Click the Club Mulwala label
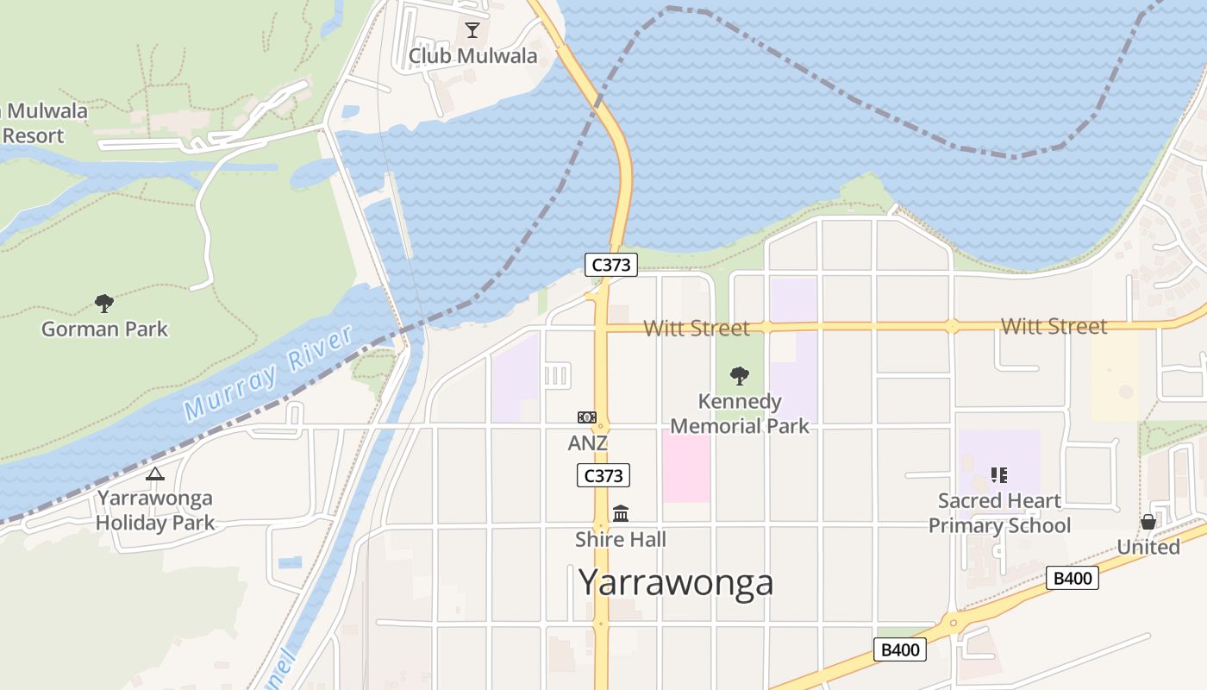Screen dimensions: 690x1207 tap(472, 56)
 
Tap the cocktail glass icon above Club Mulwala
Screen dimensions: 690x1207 tap(472, 30)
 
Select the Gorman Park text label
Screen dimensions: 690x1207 tap(104, 329)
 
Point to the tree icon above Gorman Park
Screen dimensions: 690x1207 tap(104, 303)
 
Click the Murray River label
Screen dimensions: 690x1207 tap(269, 373)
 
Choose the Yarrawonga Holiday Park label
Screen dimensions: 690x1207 tap(154, 510)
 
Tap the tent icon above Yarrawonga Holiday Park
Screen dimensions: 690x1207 tap(155, 474)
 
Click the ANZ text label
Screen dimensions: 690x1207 tap(587, 443)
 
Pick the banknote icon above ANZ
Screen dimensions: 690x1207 tap(587, 417)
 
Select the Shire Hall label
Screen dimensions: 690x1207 tap(621, 540)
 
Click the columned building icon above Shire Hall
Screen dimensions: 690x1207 tap(621, 514)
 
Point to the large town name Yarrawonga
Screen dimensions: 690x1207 tap(676, 583)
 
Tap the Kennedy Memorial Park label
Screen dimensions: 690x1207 tap(740, 414)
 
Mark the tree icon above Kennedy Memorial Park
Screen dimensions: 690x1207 tap(739, 375)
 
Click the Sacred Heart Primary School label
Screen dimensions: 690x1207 tap(999, 513)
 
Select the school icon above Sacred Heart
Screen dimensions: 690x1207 tap(999, 474)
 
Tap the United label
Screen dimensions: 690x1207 tap(1148, 547)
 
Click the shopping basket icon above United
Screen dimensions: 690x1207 tap(1148, 522)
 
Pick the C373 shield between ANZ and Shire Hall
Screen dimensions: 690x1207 tap(603, 475)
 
